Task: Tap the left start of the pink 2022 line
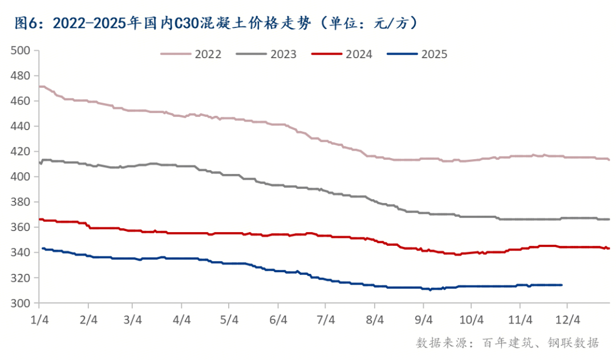(x=39, y=87)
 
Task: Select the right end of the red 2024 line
(x=609, y=248)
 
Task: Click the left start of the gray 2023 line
(x=39, y=163)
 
